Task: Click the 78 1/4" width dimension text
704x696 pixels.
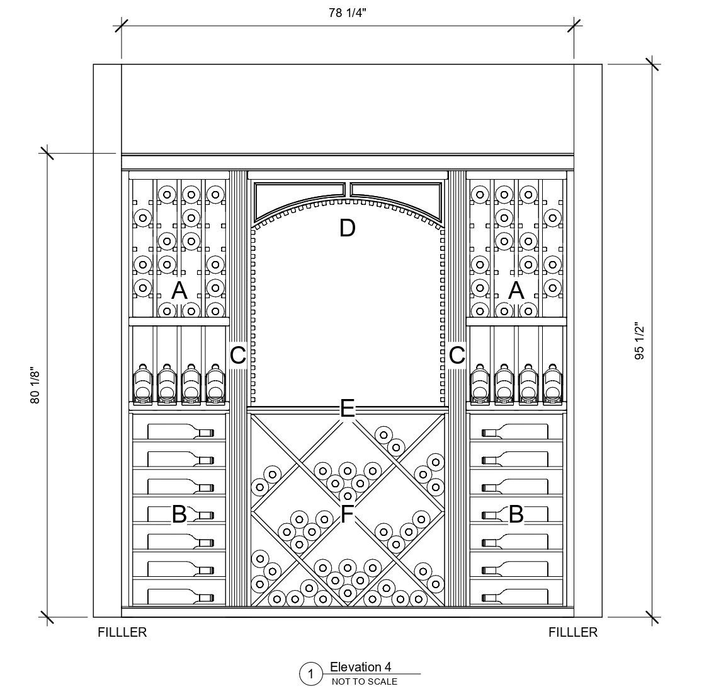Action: tap(347, 14)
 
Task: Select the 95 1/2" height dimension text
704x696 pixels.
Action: tap(640, 341)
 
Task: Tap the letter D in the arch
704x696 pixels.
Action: tap(347, 228)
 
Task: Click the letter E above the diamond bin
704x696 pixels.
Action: tap(347, 410)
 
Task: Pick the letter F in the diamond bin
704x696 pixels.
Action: tap(347, 514)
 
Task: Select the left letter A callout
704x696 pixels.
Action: tap(179, 291)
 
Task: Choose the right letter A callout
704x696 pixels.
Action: tap(516, 291)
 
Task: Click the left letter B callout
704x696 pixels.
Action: tap(179, 514)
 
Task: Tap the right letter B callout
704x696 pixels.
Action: tap(516, 514)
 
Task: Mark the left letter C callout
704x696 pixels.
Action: tap(237, 356)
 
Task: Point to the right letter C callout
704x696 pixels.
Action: tap(457, 356)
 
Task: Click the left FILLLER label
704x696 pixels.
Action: tap(122, 632)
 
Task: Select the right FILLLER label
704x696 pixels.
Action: tap(572, 632)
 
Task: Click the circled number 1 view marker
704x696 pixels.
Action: tap(310, 675)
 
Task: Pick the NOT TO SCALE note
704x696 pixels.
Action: tap(364, 681)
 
